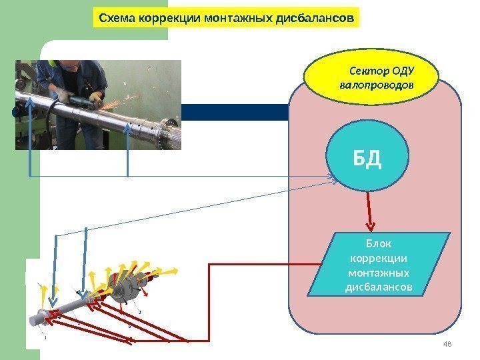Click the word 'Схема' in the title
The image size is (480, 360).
(x=115, y=18)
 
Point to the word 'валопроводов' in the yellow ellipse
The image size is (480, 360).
(x=376, y=86)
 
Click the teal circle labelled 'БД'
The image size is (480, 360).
(x=367, y=159)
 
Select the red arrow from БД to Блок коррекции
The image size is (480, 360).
(x=368, y=211)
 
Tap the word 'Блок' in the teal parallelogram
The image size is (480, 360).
(x=378, y=243)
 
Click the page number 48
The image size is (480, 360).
(x=447, y=343)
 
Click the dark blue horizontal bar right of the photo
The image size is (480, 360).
(x=233, y=112)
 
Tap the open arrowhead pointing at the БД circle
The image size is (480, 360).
(x=332, y=177)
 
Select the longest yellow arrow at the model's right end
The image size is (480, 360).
(x=169, y=271)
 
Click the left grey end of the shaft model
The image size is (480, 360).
(x=41, y=318)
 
